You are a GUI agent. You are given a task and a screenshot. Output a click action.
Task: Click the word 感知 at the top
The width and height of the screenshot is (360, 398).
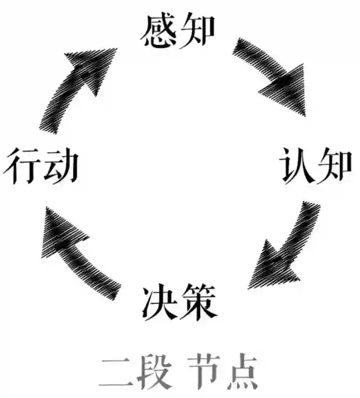(178, 31)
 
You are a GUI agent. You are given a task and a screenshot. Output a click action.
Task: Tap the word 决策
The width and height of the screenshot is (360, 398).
(179, 302)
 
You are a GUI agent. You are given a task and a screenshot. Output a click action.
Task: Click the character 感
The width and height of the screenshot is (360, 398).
(158, 31)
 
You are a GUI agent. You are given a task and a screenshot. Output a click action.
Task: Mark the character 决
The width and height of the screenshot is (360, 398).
(159, 302)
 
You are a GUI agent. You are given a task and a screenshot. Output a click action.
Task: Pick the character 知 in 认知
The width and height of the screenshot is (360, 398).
(335, 166)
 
